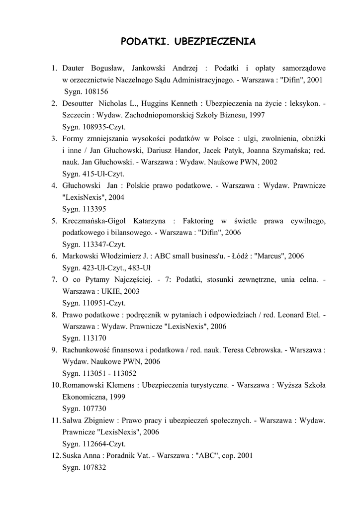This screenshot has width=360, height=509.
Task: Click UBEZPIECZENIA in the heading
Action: tap(215, 42)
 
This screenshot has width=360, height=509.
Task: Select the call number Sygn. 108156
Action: tap(86, 91)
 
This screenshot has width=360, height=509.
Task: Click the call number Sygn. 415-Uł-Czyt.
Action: tap(93, 174)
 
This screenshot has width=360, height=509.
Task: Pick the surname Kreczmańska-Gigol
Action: tap(94, 221)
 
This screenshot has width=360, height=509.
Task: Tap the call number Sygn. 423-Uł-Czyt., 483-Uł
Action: tap(106, 268)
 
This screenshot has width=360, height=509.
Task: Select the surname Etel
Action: tap(313, 315)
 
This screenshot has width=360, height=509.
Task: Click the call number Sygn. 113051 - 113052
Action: tap(99, 373)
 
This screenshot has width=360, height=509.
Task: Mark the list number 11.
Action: tap(56, 421)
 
